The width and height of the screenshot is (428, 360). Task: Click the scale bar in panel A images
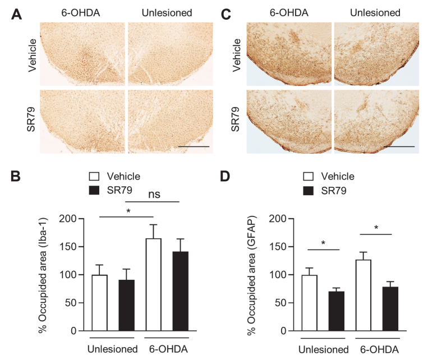pos(193,147)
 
